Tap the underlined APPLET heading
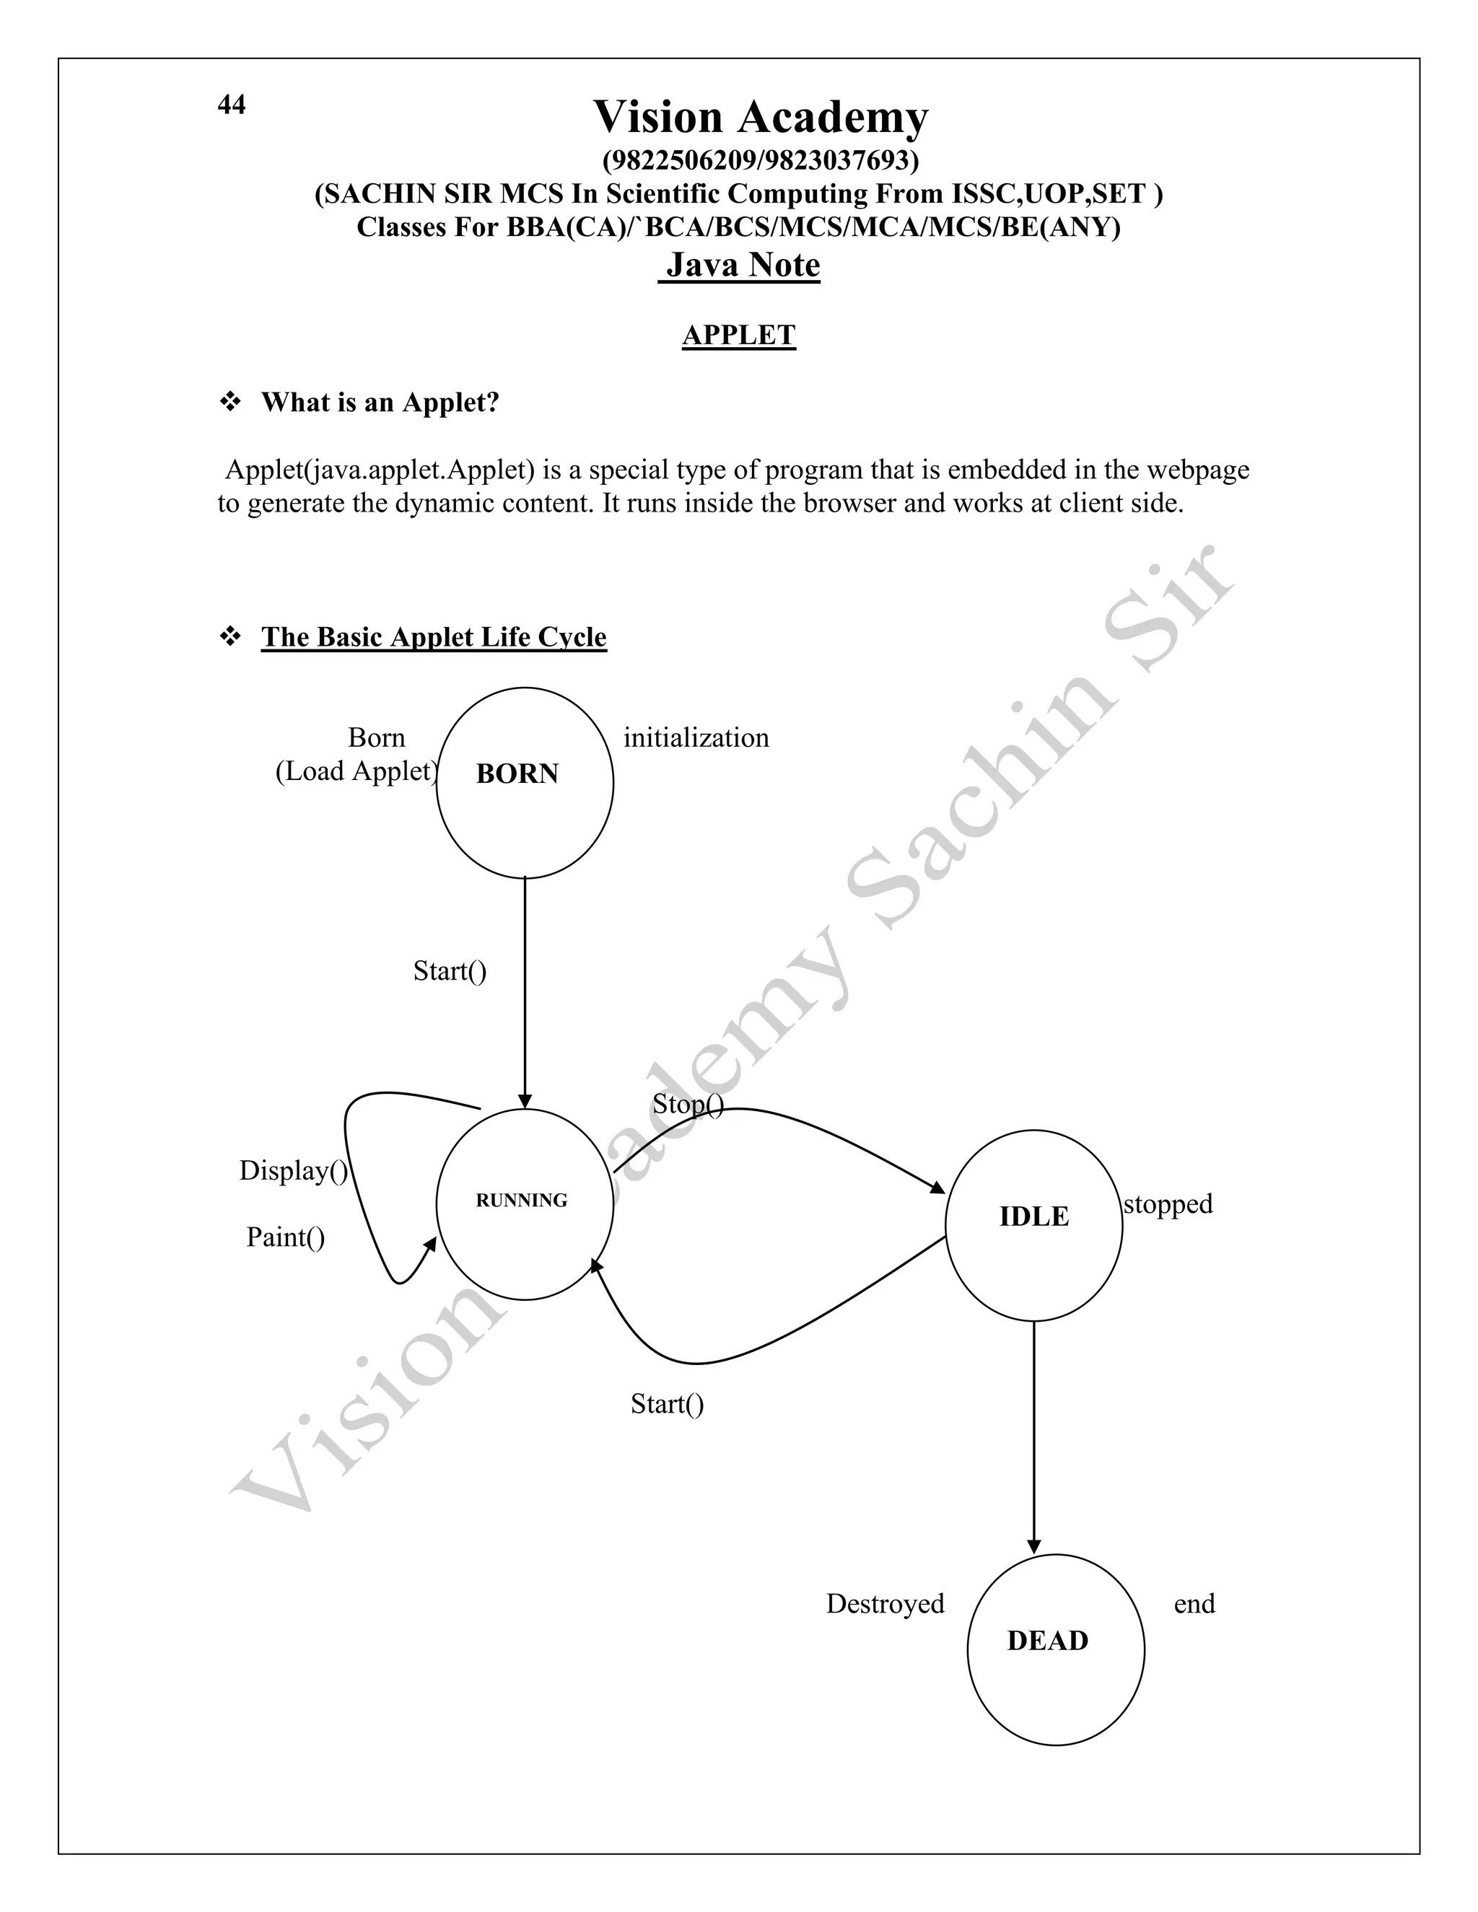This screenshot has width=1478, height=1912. pyautogui.click(x=739, y=336)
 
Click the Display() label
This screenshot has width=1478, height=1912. pyautogui.click(x=293, y=1170)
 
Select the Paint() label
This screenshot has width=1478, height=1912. pyautogui.click(x=286, y=1237)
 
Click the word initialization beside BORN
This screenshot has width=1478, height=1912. pyautogui.click(x=696, y=738)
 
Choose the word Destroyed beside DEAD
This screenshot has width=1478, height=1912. pyautogui.click(x=886, y=1603)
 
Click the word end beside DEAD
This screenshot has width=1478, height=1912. pyautogui.click(x=1194, y=1603)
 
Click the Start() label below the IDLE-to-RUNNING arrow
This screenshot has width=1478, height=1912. pyautogui.click(x=668, y=1403)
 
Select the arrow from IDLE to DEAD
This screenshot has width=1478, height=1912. pyautogui.click(x=1033, y=1436)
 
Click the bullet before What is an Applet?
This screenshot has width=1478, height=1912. pyautogui.click(x=230, y=402)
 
